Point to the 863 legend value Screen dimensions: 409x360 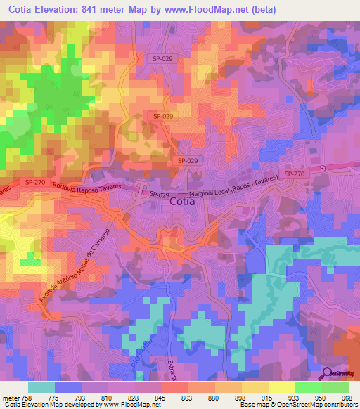(172, 398)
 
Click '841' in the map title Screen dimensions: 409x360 (95, 9)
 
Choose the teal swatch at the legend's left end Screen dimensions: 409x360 (41, 387)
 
